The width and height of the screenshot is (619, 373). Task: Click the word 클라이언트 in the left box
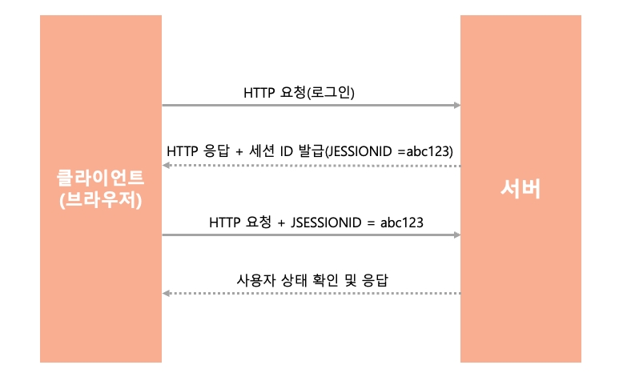[x=100, y=178]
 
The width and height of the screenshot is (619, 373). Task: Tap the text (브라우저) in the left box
[x=101, y=200]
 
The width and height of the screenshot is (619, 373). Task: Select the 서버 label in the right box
[x=521, y=189]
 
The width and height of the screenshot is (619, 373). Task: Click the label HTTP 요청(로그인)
[x=299, y=92]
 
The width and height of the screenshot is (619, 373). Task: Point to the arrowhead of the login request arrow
[x=457, y=106]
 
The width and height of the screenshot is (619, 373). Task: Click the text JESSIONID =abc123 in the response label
[x=389, y=151]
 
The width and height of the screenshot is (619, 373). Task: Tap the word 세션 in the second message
[x=261, y=150]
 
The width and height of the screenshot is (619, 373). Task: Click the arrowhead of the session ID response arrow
[x=167, y=165]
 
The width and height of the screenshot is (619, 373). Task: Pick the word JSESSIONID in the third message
[x=326, y=223]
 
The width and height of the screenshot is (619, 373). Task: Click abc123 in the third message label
[x=402, y=223]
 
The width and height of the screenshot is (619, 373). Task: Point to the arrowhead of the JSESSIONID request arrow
[x=457, y=235]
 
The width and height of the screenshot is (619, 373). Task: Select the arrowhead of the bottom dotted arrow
[x=167, y=293]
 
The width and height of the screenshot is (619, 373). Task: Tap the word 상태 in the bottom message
[x=294, y=280]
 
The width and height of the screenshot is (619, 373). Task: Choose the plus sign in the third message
[x=281, y=223]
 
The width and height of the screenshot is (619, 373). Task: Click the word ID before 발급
[x=286, y=151]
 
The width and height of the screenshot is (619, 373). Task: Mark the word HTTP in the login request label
[x=259, y=93]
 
